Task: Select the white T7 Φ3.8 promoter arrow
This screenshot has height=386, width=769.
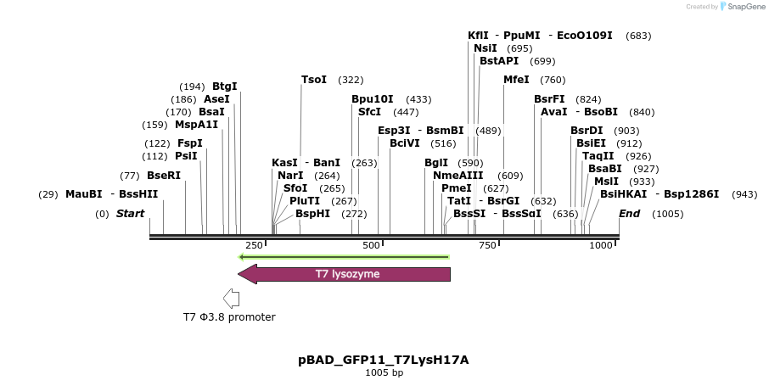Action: pyautogui.click(x=231, y=299)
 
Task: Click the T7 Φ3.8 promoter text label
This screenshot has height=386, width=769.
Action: pyautogui.click(x=229, y=317)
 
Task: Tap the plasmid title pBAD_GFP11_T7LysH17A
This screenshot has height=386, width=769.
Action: pyautogui.click(x=384, y=360)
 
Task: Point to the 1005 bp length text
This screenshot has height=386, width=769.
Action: pyautogui.click(x=384, y=373)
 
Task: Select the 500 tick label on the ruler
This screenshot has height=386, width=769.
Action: pyautogui.click(x=371, y=245)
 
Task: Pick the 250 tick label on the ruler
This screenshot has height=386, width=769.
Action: pyautogui.click(x=253, y=245)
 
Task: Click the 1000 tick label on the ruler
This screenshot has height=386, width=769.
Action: pyautogui.click(x=601, y=245)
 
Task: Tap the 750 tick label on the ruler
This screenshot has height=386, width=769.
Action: pyautogui.click(x=487, y=245)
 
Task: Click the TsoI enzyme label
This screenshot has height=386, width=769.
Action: pyautogui.click(x=314, y=80)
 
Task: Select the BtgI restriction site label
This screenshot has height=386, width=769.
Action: pyautogui.click(x=225, y=87)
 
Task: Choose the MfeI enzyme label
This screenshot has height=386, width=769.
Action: pyautogui.click(x=516, y=80)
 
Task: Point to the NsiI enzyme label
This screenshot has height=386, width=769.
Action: pyautogui.click(x=486, y=48)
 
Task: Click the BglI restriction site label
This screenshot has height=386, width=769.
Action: pyautogui.click(x=436, y=163)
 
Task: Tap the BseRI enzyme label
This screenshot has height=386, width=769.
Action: pyautogui.click(x=164, y=176)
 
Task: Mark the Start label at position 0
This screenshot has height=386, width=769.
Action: pyautogui.click(x=131, y=214)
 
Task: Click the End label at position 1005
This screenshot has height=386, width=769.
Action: pyautogui.click(x=630, y=214)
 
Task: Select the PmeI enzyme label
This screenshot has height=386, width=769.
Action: pyautogui.click(x=457, y=188)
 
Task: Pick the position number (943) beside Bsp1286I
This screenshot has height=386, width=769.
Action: pyautogui.click(x=744, y=194)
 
